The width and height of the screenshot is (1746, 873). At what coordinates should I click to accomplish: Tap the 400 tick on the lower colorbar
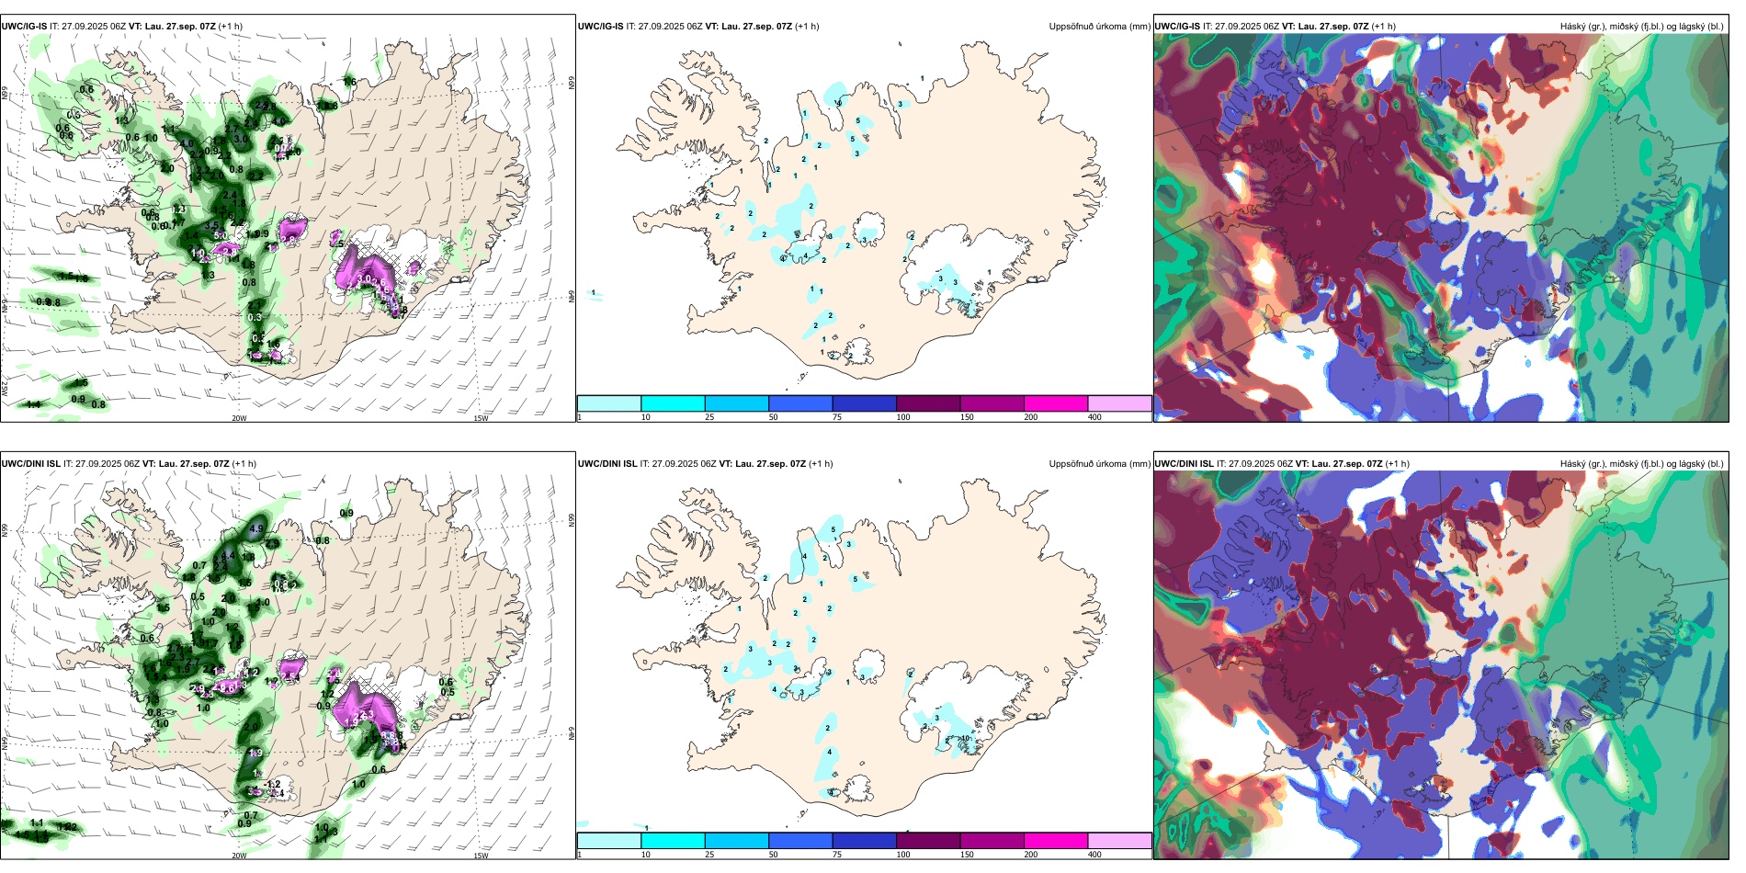(1094, 855)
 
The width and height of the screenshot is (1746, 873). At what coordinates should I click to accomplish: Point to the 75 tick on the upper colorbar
(837, 417)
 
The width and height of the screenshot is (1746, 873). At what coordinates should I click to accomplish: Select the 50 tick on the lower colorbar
(773, 855)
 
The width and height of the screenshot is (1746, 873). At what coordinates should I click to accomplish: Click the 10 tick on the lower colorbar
(645, 855)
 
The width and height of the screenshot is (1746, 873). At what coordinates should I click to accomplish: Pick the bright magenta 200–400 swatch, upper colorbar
(1055, 403)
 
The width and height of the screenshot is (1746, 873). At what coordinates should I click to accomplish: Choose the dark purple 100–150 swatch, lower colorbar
(927, 841)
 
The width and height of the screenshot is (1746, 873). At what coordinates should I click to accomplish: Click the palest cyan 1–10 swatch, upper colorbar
(608, 403)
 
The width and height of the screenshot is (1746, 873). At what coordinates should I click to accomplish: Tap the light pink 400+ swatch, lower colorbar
(1119, 841)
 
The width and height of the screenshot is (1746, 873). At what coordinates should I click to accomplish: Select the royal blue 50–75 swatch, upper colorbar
(799, 403)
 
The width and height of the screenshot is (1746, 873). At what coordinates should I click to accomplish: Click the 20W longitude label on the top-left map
(239, 418)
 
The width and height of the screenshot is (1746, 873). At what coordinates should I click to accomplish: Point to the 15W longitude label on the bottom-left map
(481, 856)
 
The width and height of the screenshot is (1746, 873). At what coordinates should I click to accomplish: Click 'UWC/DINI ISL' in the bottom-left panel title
(30, 464)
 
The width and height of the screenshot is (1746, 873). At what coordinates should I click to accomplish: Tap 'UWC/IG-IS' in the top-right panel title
(1176, 27)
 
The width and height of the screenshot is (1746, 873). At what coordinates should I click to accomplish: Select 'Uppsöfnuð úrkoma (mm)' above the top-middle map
(1099, 27)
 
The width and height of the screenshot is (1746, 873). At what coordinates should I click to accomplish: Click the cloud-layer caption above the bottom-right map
(1641, 464)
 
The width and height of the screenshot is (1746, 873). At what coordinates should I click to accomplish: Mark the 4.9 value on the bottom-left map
(256, 529)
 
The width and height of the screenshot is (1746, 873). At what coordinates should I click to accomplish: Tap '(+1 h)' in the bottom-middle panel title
(821, 464)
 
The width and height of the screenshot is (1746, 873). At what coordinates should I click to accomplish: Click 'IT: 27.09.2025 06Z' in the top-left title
(94, 27)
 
